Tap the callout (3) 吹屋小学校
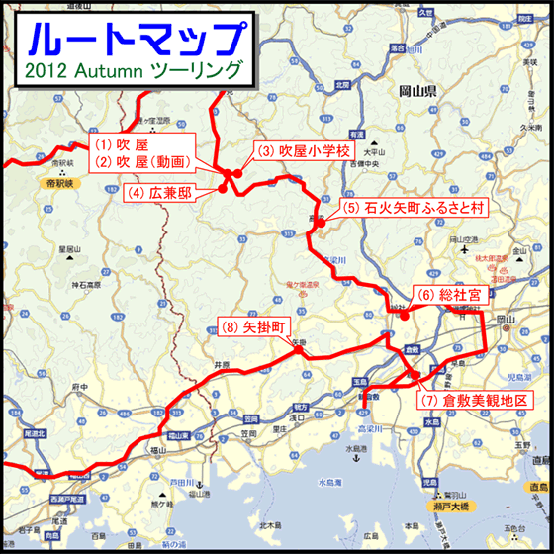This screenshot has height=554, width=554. click(x=303, y=151)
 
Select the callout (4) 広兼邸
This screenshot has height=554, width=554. click(x=163, y=193)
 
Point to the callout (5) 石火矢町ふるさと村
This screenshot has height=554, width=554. click(x=413, y=208)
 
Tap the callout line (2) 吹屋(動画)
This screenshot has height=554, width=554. click(x=145, y=159)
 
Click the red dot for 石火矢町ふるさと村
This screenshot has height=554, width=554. click(x=320, y=226)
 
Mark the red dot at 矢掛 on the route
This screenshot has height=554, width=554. click(x=298, y=349)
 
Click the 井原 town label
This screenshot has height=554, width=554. click(x=220, y=365)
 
